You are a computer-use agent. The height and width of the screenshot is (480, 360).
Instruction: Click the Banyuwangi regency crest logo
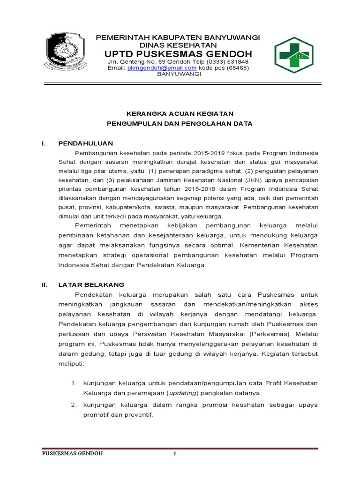point(66,52)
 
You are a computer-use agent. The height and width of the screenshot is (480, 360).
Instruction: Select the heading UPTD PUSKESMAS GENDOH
point(179,53)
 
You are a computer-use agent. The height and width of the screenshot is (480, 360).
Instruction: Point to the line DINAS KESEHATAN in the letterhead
point(179,45)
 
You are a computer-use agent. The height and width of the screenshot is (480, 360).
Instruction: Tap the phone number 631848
point(238,61)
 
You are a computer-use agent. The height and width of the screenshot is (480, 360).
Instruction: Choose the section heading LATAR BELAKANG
point(91,285)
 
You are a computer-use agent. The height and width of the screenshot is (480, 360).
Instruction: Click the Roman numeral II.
point(44,285)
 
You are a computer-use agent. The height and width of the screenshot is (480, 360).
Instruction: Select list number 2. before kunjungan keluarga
point(74,405)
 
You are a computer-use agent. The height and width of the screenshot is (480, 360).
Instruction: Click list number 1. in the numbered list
point(74,383)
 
